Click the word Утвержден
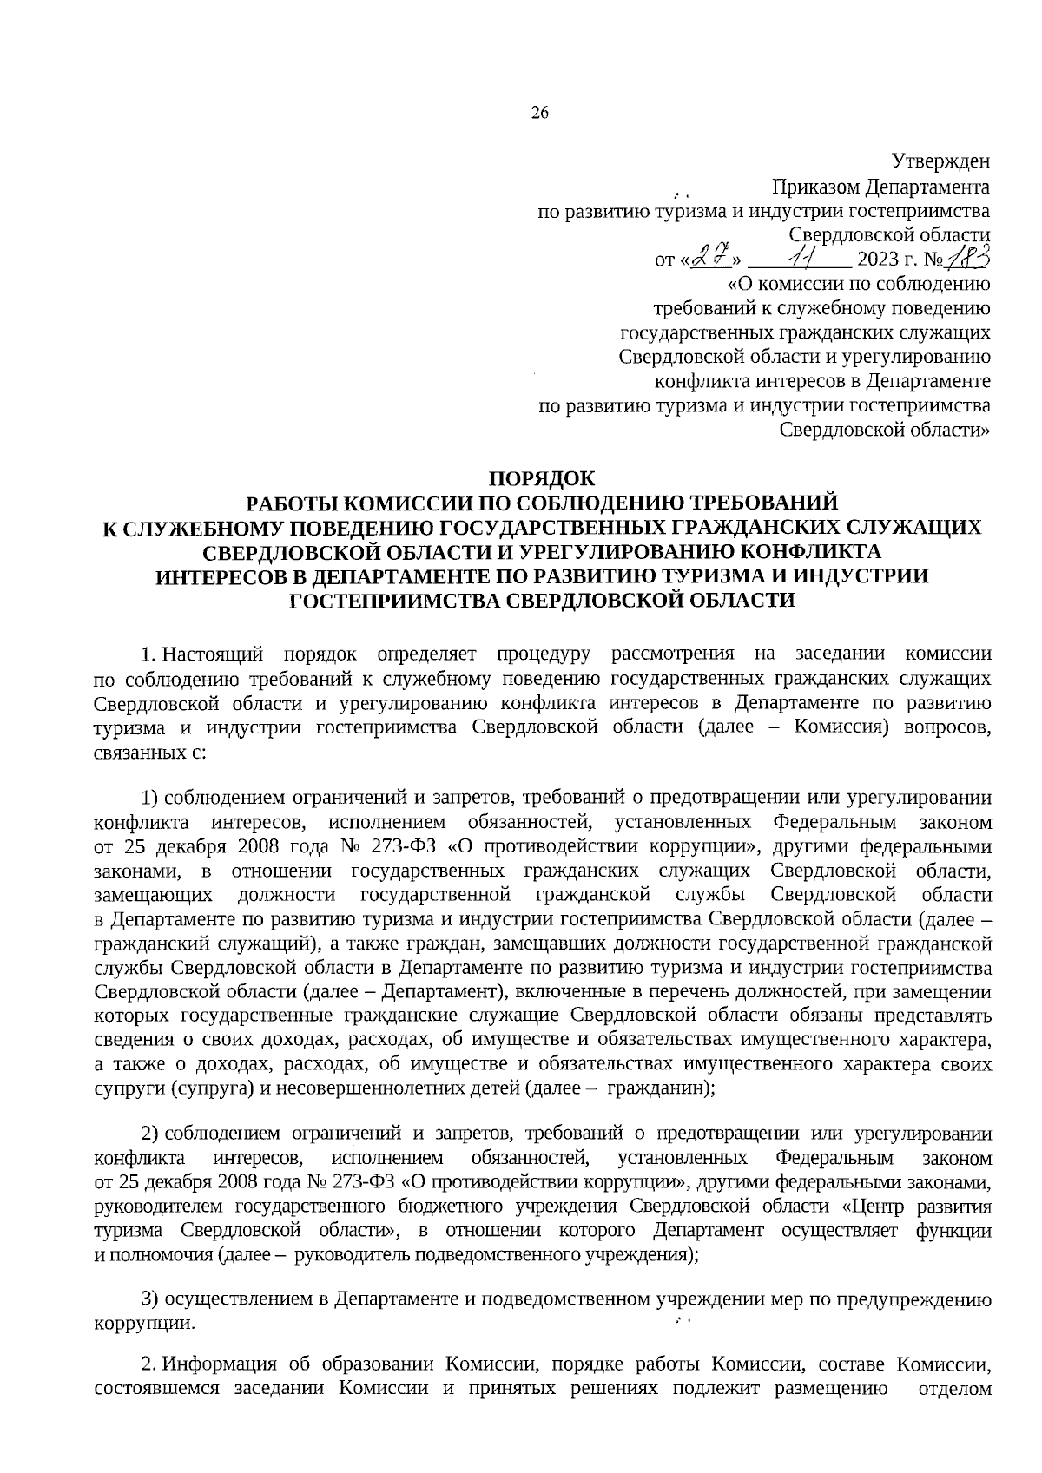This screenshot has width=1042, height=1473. pos(941,161)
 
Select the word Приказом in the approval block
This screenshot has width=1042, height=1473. pos(814,187)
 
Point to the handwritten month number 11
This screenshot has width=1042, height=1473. pos(797,258)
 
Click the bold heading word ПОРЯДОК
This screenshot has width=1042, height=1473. pos(542,478)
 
